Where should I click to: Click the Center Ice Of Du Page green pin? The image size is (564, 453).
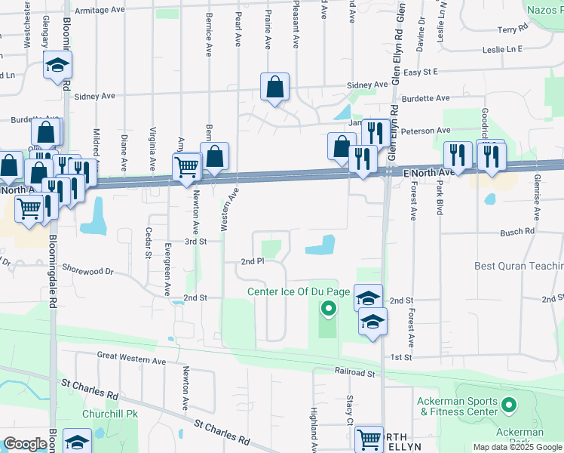(x=328, y=308)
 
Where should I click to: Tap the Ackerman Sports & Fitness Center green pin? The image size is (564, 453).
(x=508, y=406)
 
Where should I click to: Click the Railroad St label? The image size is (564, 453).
(x=355, y=372)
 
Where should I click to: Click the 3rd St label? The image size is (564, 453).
(x=196, y=241)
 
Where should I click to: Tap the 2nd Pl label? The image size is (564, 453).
(x=253, y=261)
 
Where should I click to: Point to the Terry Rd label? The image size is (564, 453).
(x=513, y=29)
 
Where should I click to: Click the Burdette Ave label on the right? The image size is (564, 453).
(x=425, y=98)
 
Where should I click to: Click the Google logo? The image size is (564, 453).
(x=25, y=444)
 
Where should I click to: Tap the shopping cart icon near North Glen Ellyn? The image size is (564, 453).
(x=369, y=438)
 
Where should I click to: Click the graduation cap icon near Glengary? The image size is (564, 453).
(x=57, y=65)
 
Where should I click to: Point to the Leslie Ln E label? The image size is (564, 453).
(x=503, y=49)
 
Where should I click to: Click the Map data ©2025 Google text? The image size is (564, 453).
(x=516, y=447)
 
